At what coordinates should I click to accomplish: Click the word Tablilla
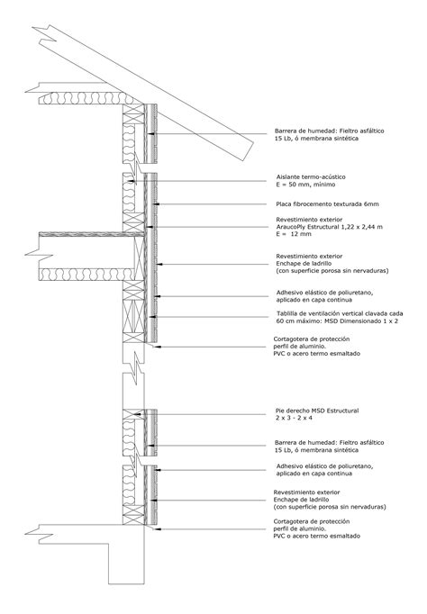(287, 313)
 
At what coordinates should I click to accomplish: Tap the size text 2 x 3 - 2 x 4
(296, 418)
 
